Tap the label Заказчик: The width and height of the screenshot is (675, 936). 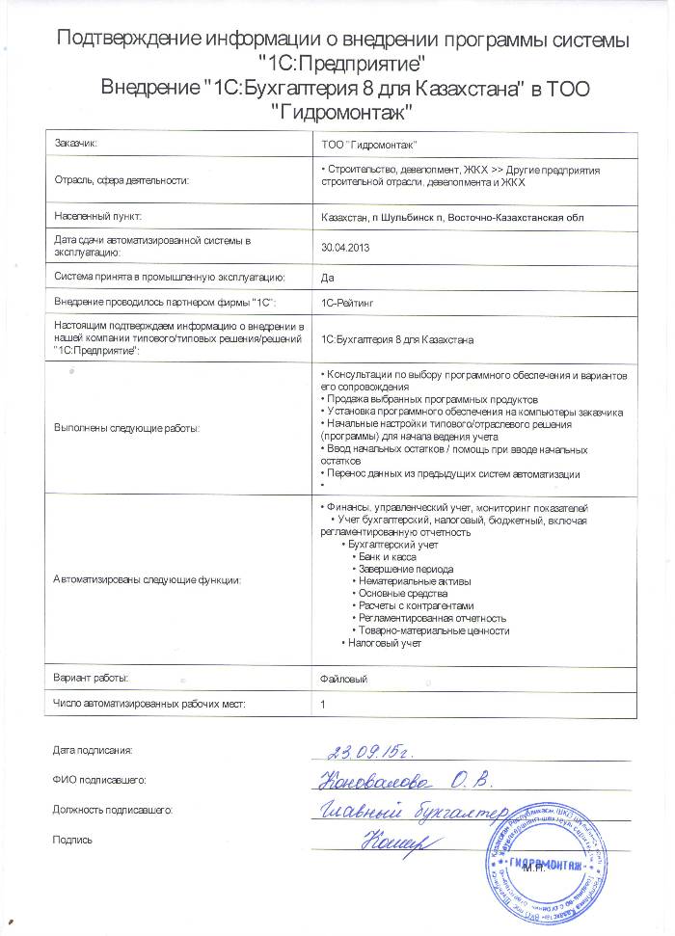coord(76,144)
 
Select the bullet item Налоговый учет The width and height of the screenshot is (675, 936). coord(385,642)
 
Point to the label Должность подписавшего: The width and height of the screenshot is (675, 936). coord(113,811)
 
